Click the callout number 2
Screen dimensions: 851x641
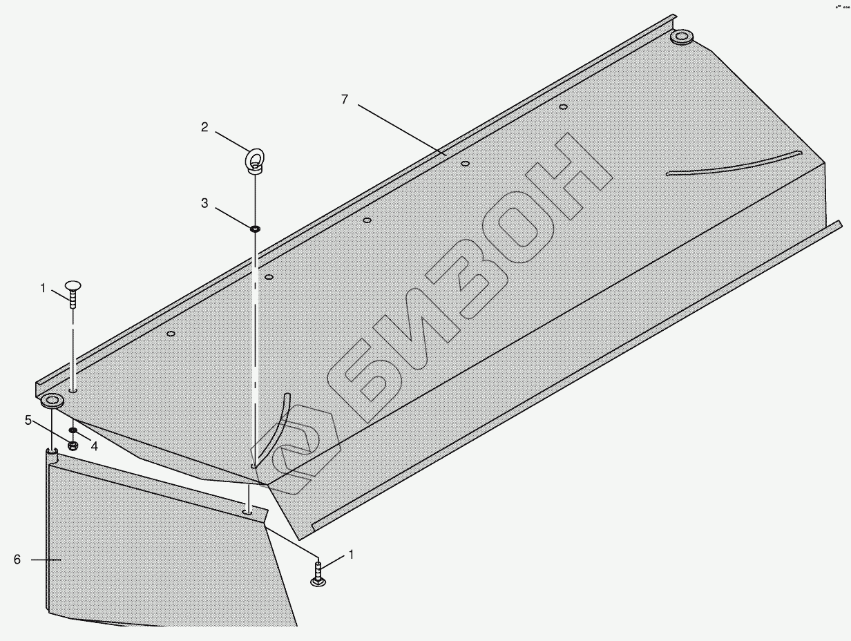click(204, 126)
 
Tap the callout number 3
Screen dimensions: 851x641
click(204, 203)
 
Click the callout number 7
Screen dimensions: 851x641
click(345, 99)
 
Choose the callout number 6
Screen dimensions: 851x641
click(17, 559)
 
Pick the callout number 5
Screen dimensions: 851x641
click(28, 419)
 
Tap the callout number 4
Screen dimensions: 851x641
click(94, 446)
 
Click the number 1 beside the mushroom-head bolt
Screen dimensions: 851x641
click(43, 288)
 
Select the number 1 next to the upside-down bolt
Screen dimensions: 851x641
click(351, 554)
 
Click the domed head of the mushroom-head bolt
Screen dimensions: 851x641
click(73, 285)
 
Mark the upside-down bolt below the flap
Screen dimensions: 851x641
click(318, 574)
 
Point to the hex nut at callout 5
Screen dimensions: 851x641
click(73, 444)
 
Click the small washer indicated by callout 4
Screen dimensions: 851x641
click(73, 430)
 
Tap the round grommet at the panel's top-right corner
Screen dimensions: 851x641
click(681, 36)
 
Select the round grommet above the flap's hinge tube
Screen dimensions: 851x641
click(52, 401)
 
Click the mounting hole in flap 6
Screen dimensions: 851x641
click(247, 513)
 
